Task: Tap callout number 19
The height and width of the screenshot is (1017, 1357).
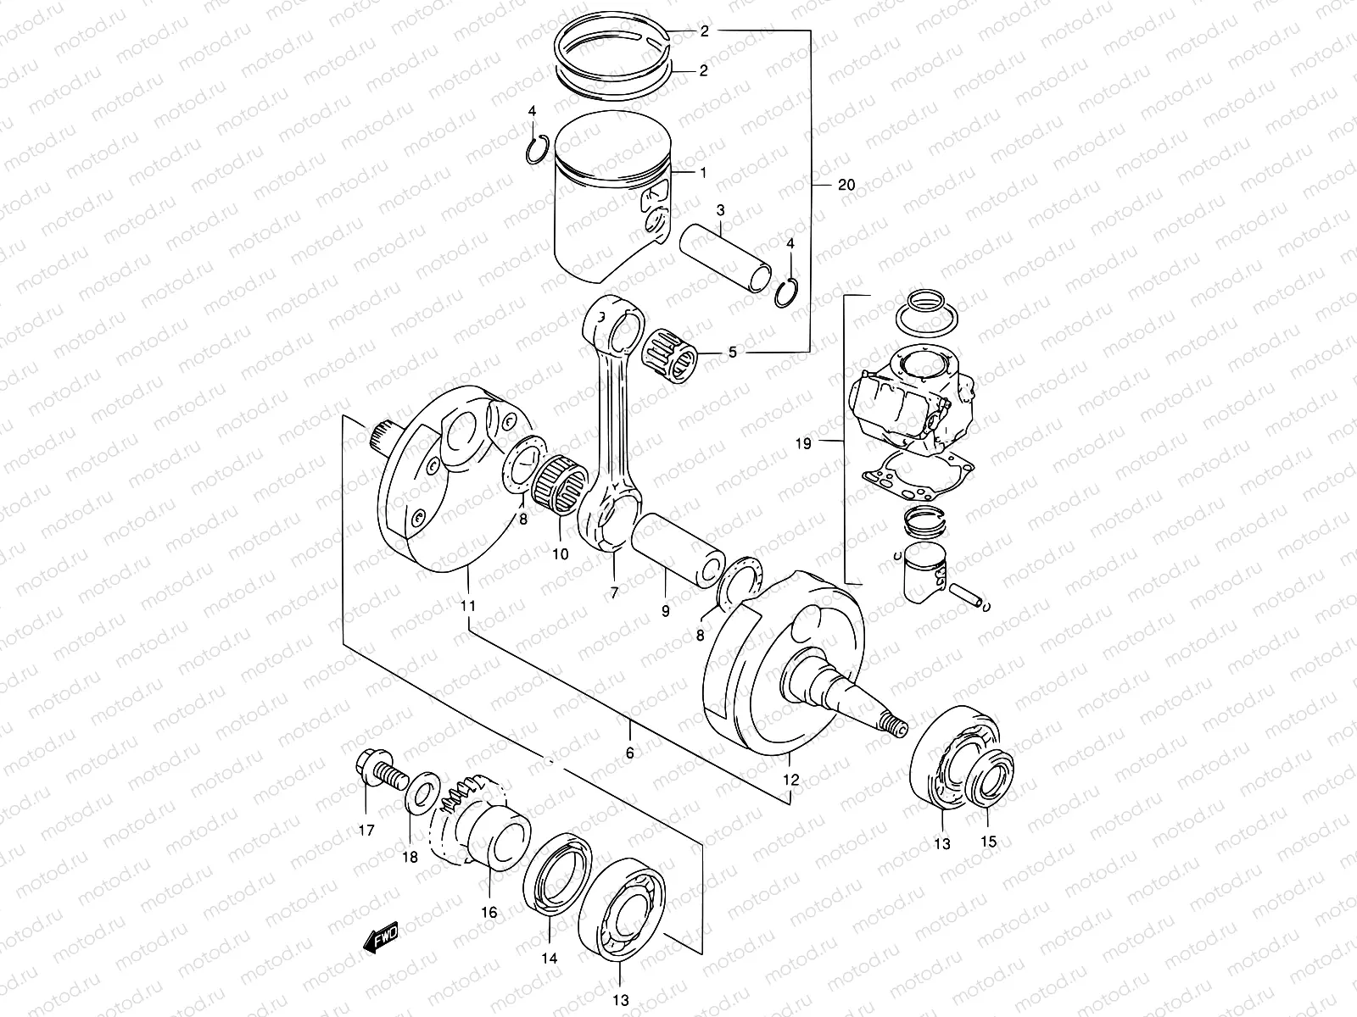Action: pos(803,443)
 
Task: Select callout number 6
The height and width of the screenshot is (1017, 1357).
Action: pos(629,752)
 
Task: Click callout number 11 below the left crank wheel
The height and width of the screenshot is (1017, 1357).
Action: pos(468,606)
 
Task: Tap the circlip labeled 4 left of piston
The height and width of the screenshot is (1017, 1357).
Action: pos(534,151)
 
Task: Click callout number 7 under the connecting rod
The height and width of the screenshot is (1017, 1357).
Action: pos(614,591)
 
